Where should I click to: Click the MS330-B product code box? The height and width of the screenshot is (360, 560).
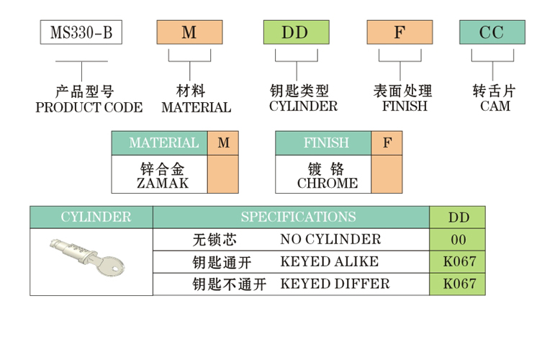[81, 33]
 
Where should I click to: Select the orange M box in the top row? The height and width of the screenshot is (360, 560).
[189, 33]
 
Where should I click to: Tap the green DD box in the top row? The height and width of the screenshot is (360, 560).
[295, 33]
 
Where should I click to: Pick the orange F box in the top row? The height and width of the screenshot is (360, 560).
[400, 33]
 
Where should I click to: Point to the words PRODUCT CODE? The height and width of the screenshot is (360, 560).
[89, 108]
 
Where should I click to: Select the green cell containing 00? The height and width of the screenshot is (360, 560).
[458, 240]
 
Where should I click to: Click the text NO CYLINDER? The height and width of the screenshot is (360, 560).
[330, 239]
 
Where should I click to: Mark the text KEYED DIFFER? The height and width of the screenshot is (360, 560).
[335, 284]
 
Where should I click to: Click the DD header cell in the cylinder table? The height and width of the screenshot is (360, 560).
[458, 217]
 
